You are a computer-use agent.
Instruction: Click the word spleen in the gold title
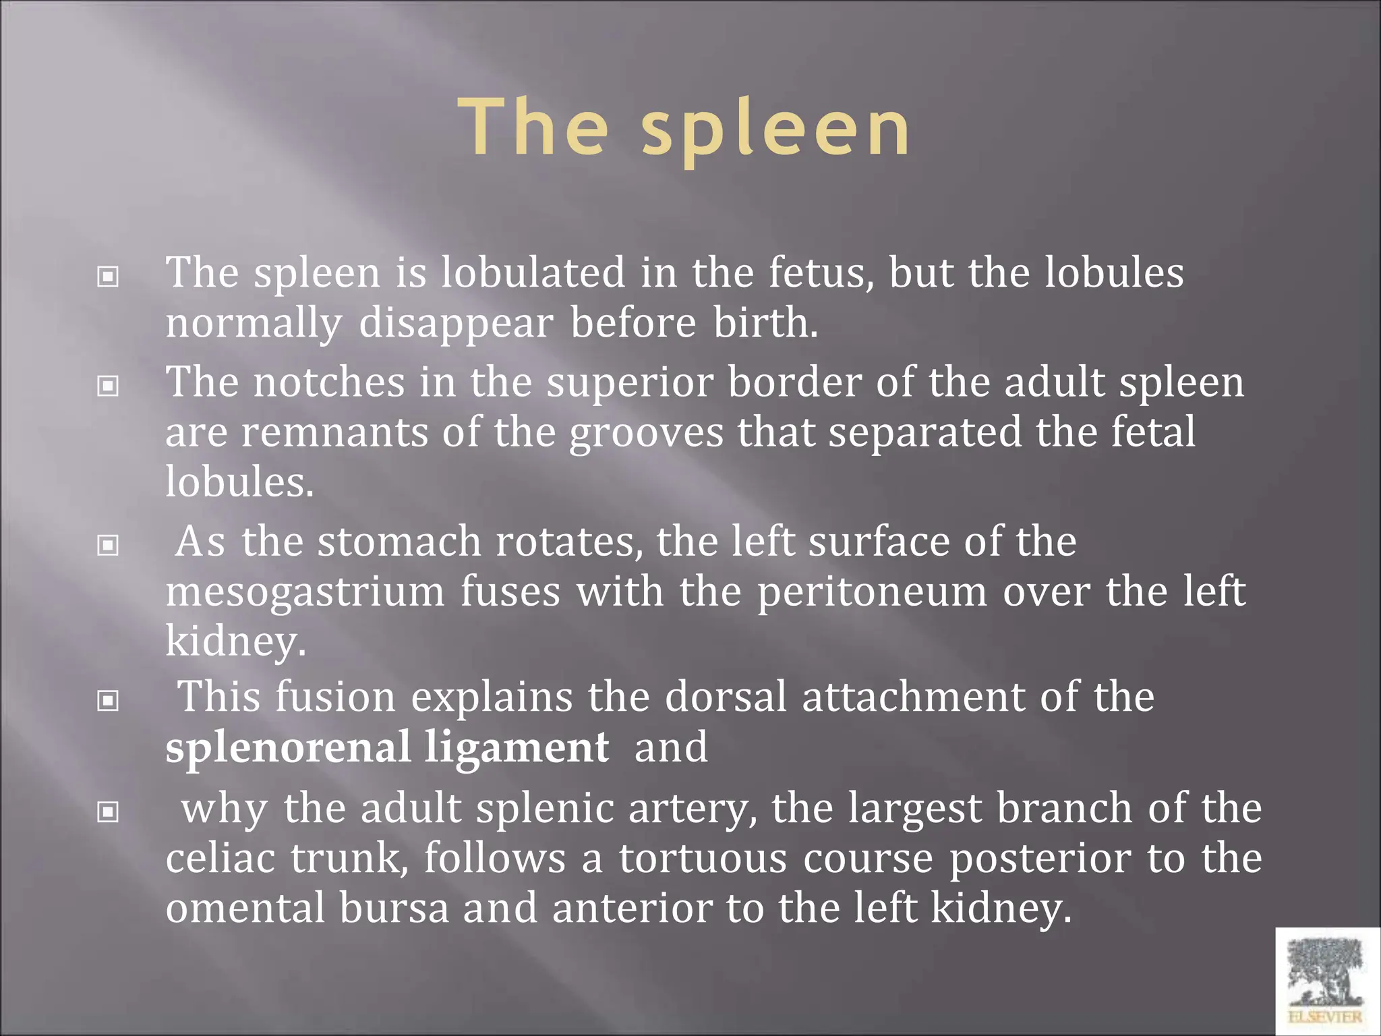[775, 128]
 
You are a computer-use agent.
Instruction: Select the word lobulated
[533, 272]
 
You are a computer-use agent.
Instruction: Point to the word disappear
[456, 323]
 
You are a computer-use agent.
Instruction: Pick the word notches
[329, 382]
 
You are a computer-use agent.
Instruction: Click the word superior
[630, 382]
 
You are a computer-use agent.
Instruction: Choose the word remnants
[334, 432]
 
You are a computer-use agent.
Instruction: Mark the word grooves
[646, 432]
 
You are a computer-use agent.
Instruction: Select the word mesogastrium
[305, 592]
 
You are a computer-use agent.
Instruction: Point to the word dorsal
[726, 697]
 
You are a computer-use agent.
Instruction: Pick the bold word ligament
[517, 747]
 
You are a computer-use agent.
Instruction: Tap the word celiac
[221, 858]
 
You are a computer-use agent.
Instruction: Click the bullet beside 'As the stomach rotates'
[108, 545]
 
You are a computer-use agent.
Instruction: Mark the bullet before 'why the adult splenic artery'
[108, 811]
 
